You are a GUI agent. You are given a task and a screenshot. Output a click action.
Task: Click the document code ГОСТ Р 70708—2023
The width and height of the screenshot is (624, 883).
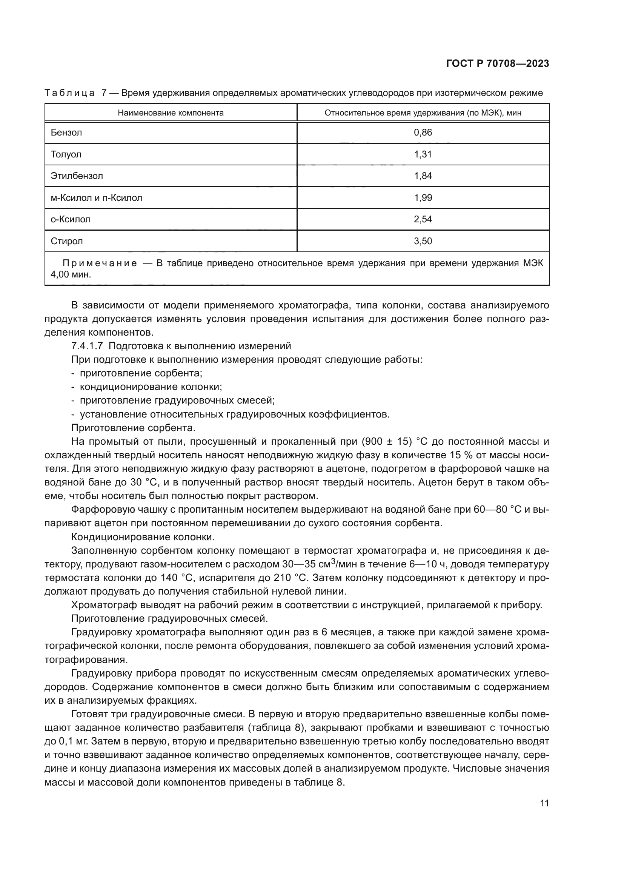click(x=497, y=64)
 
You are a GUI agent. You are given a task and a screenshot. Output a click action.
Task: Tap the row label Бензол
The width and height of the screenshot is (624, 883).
click(x=66, y=133)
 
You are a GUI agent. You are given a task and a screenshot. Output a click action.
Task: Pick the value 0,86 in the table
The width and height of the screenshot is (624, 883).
click(x=423, y=133)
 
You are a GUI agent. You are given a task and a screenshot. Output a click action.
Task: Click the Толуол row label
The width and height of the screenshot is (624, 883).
click(x=66, y=155)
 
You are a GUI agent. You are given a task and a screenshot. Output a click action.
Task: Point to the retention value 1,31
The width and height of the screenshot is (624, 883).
click(x=423, y=155)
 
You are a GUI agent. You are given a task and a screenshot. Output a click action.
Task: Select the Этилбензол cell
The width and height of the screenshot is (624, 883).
click(x=77, y=176)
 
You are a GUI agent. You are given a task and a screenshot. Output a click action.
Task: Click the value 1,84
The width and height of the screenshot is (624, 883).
click(x=423, y=176)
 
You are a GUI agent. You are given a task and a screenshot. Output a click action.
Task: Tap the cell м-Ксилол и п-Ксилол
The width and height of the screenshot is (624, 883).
click(x=97, y=198)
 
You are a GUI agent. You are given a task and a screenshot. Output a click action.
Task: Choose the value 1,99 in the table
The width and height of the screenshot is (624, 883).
click(x=423, y=198)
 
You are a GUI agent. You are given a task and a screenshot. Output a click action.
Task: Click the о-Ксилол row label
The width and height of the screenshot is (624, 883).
click(x=71, y=220)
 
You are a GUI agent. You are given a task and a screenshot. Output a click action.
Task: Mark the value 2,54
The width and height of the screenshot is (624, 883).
click(x=423, y=220)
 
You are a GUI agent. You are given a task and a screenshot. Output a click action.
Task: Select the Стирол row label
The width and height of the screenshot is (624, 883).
click(x=67, y=242)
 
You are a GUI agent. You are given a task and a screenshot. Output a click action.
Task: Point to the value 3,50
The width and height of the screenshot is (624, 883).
click(x=423, y=242)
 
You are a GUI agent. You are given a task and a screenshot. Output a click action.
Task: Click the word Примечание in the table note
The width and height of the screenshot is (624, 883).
click(x=100, y=264)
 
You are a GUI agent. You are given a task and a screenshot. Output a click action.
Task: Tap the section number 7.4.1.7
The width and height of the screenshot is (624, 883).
click(x=87, y=346)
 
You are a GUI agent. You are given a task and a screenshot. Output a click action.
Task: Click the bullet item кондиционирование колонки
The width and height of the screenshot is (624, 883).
click(x=151, y=387)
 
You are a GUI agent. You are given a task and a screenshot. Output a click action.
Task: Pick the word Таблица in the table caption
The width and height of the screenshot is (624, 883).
click(x=69, y=93)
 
